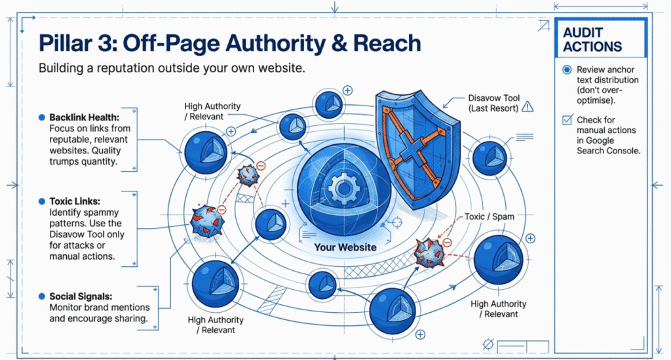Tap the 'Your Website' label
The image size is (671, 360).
[345, 247]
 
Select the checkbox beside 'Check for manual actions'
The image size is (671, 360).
[567, 120]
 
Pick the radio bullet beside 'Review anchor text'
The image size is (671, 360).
[567, 70]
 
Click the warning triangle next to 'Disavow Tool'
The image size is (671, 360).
[528, 106]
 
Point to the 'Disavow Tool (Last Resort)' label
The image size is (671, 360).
[493, 102]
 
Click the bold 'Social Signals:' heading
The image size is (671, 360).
[81, 296]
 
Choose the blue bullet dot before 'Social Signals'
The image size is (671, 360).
[42, 296]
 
